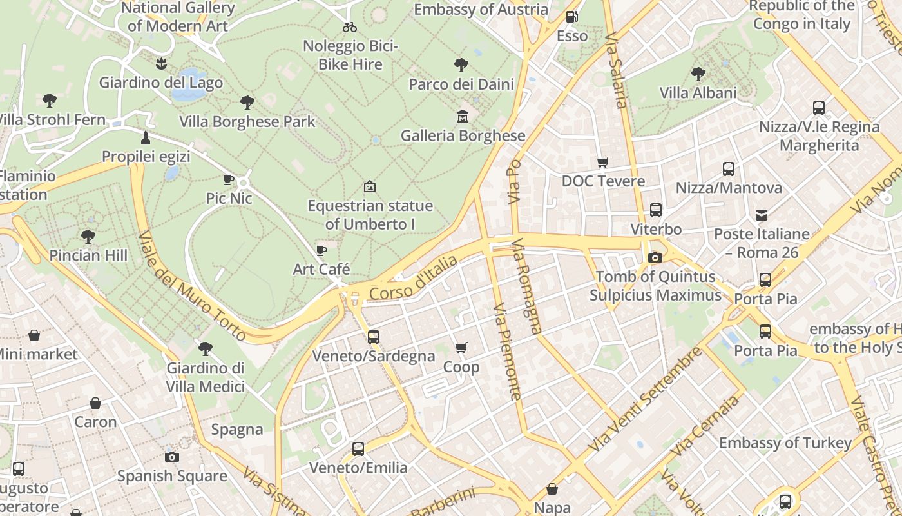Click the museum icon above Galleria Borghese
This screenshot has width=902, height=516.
click(462, 117)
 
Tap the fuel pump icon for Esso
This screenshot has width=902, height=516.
click(571, 17)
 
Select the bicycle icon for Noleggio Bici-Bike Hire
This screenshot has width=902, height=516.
click(350, 27)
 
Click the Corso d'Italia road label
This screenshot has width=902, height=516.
click(414, 278)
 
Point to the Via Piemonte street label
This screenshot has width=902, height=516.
click(506, 352)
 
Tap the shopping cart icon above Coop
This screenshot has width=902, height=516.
click(461, 348)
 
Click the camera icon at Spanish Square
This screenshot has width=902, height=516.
click(172, 457)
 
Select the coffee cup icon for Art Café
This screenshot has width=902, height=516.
click(321, 250)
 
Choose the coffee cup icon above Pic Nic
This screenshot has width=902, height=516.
click(229, 179)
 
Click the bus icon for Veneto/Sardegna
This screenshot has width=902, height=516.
click(373, 337)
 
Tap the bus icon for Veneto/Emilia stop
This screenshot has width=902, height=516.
click(358, 448)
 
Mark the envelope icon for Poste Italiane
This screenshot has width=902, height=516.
click(762, 215)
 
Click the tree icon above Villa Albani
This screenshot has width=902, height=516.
click(698, 74)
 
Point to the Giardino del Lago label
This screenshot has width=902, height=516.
click(160, 83)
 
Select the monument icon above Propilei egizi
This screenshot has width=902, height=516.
click(146, 138)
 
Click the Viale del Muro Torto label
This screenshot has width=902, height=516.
click(191, 286)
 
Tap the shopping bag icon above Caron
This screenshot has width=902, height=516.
click(95, 404)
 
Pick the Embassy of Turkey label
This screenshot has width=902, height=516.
click(785, 443)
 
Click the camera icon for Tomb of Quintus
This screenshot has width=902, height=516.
click(655, 258)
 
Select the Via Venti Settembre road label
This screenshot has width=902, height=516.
click(646, 399)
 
